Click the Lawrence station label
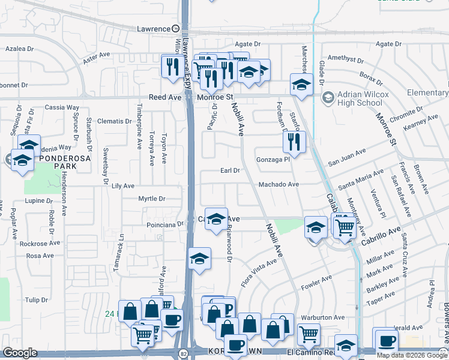154,29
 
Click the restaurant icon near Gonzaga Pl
294,142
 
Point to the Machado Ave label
279,185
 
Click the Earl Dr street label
230,170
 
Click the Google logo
20,353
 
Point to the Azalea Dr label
19,48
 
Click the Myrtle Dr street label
151,199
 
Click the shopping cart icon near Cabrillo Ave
344,227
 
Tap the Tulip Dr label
36,299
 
